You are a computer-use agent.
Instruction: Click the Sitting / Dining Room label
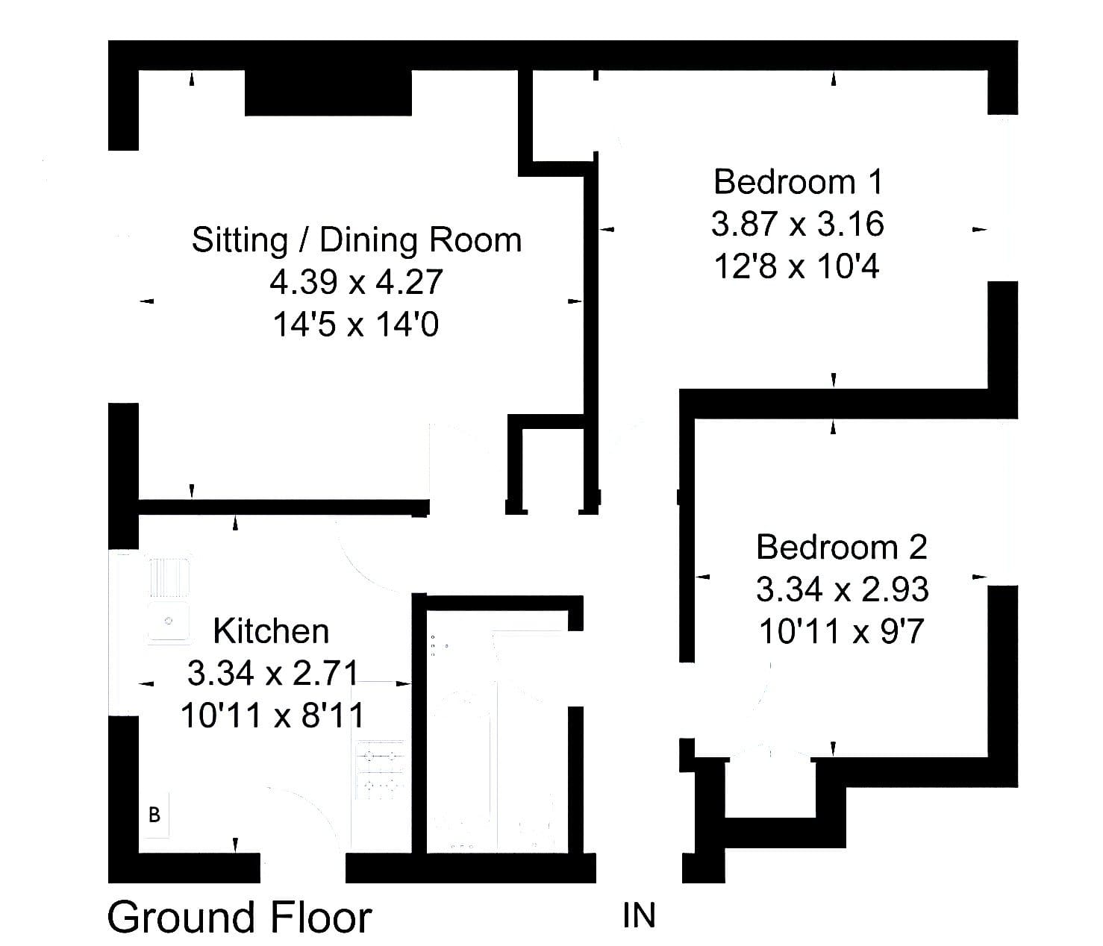tap(357, 240)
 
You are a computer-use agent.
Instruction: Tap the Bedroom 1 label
tap(799, 182)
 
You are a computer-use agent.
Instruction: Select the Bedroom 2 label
tap(842, 548)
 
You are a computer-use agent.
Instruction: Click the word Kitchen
tap(271, 631)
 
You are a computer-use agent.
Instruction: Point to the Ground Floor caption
tap(240, 917)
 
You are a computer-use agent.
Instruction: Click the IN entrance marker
tap(639, 915)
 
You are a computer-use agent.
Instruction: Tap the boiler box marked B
tap(154, 815)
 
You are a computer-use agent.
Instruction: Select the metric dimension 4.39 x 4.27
tap(356, 282)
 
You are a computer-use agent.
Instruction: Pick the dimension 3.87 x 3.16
tap(798, 224)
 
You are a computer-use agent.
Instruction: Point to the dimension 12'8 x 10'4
tap(797, 266)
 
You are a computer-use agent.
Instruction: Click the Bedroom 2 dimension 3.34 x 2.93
tap(842, 589)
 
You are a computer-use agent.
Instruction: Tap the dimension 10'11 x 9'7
tap(841, 631)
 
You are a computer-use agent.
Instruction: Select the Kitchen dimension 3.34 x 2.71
tap(272, 673)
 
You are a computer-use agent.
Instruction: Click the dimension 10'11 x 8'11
tap(272, 715)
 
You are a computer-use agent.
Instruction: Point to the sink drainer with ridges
tap(169, 577)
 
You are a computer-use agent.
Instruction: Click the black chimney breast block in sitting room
tap(328, 93)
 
